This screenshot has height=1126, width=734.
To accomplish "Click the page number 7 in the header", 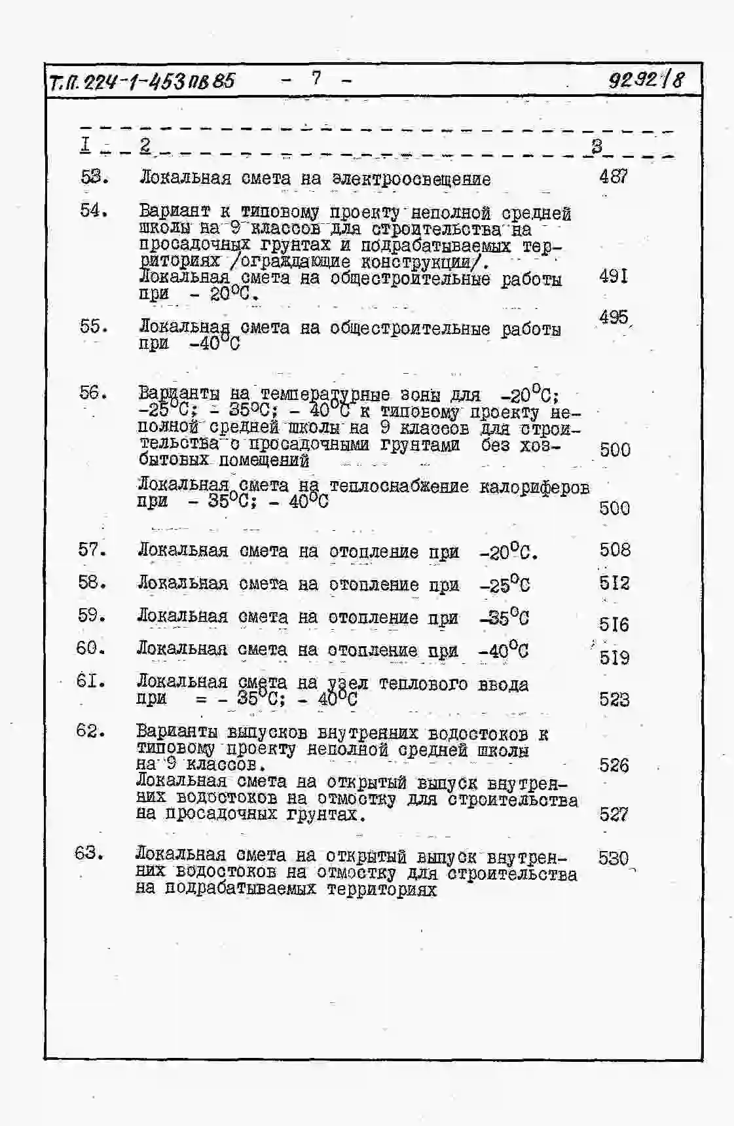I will (316, 79).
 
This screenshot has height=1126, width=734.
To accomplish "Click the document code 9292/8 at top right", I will (646, 80).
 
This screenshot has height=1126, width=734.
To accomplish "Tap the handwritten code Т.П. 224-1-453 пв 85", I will (141, 82).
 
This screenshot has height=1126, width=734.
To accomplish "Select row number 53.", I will (94, 177).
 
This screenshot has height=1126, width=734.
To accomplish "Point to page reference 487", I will (614, 175).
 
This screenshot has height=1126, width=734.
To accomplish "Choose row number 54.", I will (94, 210).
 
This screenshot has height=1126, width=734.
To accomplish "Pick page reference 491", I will (614, 276).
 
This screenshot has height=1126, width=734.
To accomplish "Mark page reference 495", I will (614, 318).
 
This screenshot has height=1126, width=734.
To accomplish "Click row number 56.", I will (93, 392).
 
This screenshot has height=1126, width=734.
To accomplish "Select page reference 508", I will (615, 550).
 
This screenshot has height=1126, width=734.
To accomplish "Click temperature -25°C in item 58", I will (504, 584).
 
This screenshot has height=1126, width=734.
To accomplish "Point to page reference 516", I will (614, 624).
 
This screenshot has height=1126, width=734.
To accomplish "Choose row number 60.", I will (91, 648).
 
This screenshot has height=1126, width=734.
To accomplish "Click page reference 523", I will (614, 700).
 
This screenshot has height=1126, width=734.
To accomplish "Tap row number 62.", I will (90, 731).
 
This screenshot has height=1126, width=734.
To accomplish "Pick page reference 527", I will (614, 814).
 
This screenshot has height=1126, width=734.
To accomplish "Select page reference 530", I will (613, 858).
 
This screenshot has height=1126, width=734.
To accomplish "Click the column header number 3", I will (596, 146).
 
